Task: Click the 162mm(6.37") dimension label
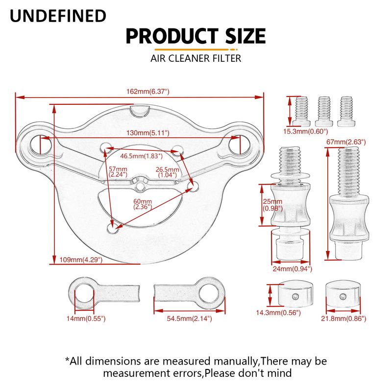(148, 92)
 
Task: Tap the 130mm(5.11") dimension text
(148, 133)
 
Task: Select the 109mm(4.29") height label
(81, 260)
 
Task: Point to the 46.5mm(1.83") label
(141, 156)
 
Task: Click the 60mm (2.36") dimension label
(143, 204)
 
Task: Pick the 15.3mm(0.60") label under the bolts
(305, 131)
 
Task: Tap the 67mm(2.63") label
(346, 142)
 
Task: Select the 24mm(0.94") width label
(292, 269)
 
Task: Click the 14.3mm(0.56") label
(278, 313)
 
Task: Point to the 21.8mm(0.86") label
(343, 318)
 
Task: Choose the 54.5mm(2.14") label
(189, 318)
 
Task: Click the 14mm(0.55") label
(86, 318)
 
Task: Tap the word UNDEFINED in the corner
(58, 16)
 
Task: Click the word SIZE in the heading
(245, 36)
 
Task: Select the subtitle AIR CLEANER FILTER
(196, 58)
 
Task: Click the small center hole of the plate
(141, 186)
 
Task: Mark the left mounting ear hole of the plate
(41, 145)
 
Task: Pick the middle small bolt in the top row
(324, 112)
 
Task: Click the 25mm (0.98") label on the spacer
(272, 205)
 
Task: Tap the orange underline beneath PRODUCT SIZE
(196, 49)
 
